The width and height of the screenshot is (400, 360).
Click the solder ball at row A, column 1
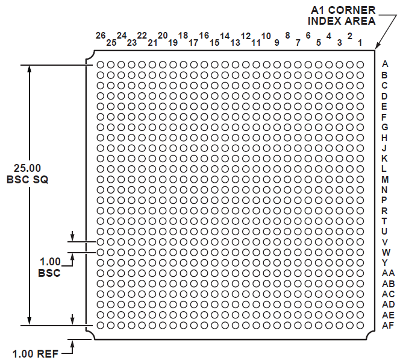click(360, 65)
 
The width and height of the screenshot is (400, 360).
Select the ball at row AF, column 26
click(100, 325)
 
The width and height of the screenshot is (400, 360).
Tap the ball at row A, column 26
click(100, 65)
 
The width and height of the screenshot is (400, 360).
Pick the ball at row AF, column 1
click(360, 325)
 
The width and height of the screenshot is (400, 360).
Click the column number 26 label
click(101, 36)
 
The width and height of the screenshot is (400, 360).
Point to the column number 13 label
click(235, 43)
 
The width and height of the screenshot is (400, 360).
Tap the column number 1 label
click(360, 43)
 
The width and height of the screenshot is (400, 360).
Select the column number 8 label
click(287, 36)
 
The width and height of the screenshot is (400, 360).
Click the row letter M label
click(385, 180)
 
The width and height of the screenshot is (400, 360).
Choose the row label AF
click(388, 325)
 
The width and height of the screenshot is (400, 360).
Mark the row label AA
click(388, 273)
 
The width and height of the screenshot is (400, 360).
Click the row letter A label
click(385, 64)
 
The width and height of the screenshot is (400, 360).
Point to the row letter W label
click(386, 252)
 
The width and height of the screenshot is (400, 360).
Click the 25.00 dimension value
click(27, 168)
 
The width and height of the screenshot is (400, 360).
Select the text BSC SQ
click(27, 180)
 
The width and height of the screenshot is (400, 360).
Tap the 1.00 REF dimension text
click(36, 354)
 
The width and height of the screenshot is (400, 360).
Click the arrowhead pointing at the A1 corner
click(377, 45)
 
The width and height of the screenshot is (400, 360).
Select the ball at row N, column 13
click(235, 190)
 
